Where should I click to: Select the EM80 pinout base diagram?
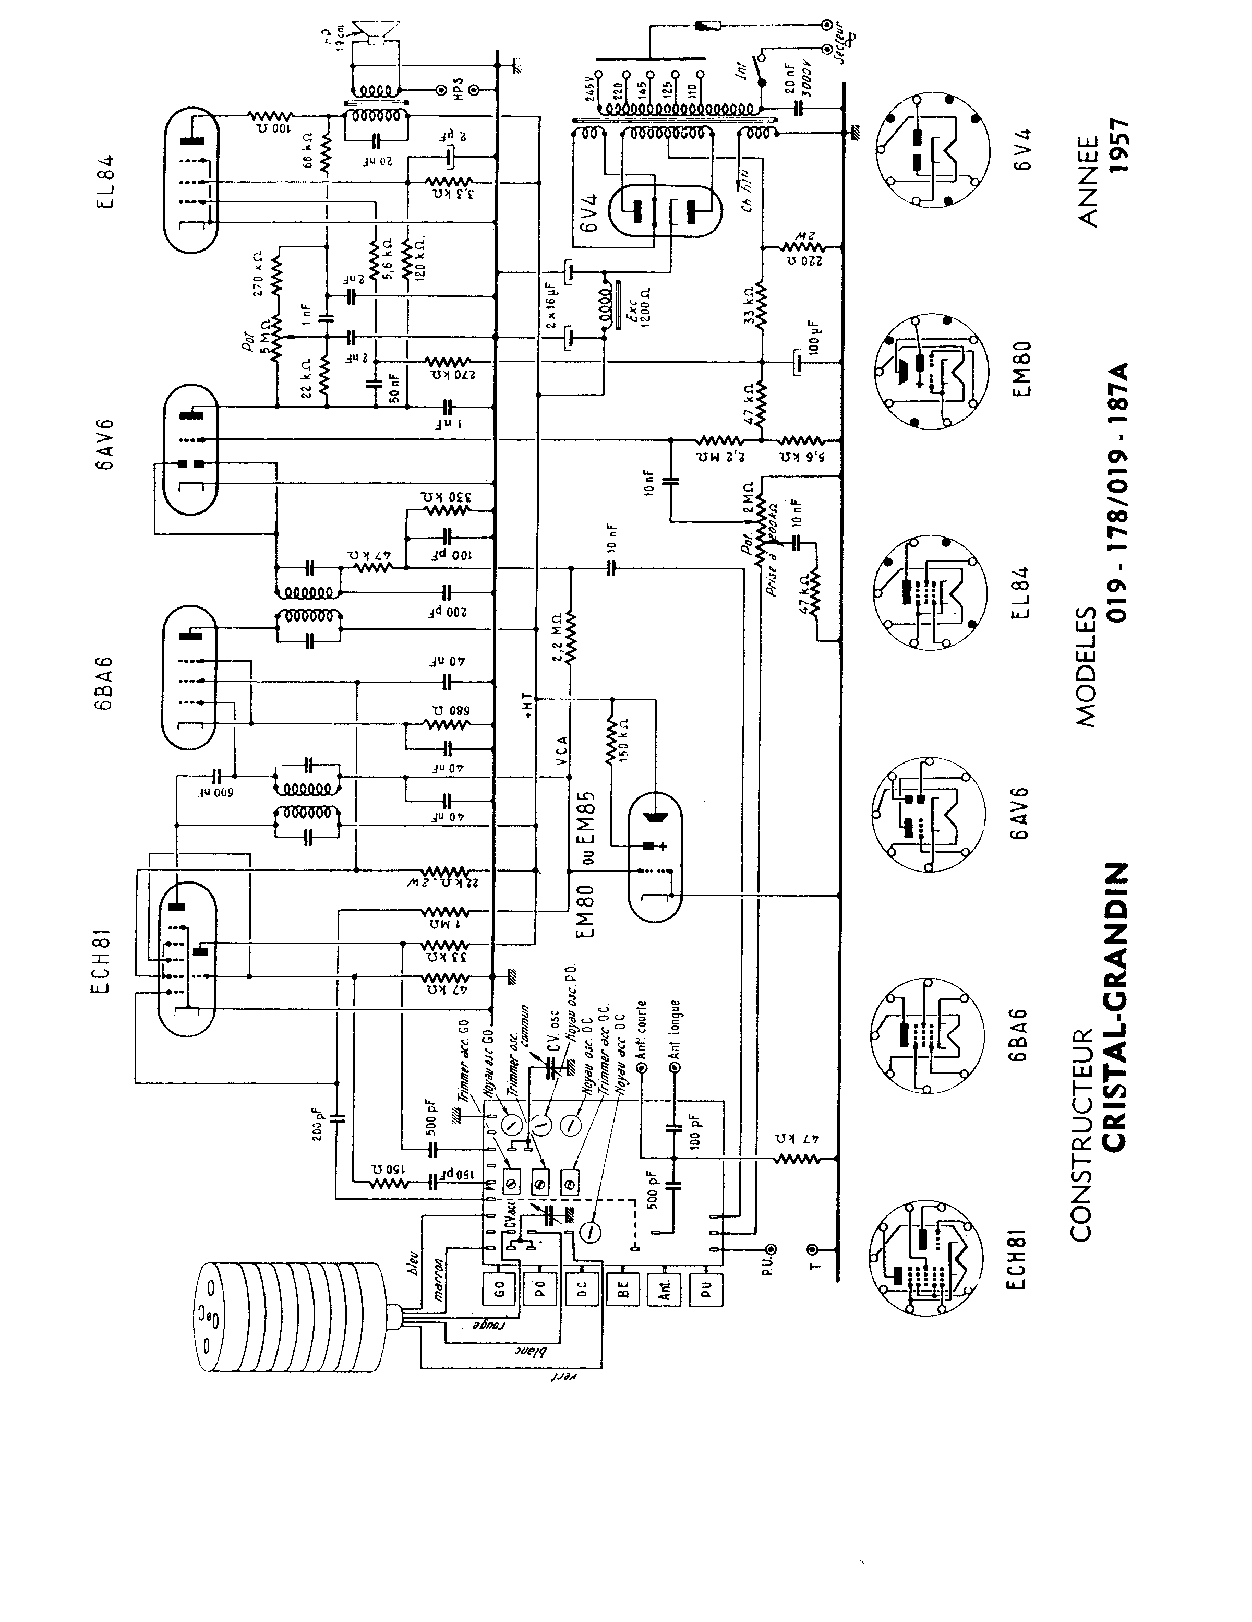[931, 372]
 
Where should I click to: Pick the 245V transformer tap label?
[591, 91]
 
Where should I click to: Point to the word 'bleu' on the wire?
[414, 1262]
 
